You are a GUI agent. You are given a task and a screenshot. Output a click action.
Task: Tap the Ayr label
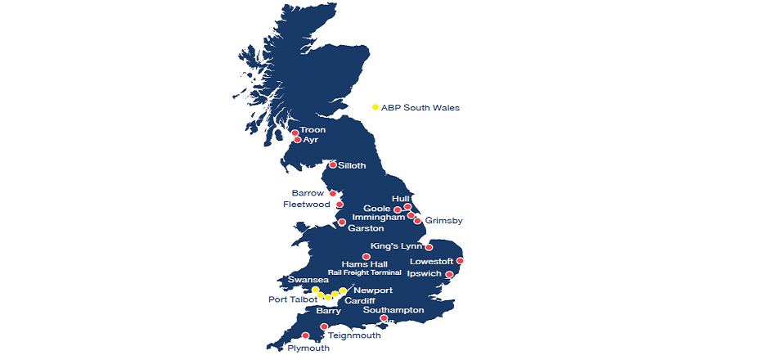(x=310, y=140)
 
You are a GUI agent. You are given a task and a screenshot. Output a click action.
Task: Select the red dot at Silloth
(x=332, y=165)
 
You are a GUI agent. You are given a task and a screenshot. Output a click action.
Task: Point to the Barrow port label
(x=308, y=193)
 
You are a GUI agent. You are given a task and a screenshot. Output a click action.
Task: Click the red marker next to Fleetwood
(x=340, y=205)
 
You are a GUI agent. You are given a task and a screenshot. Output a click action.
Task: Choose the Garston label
(x=366, y=228)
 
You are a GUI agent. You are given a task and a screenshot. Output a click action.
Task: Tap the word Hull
(x=400, y=198)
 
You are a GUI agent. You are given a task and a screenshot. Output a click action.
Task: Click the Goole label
(x=377, y=209)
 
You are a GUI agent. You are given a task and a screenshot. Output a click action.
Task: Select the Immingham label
(x=378, y=218)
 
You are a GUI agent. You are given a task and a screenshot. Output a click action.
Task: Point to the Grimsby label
(x=443, y=221)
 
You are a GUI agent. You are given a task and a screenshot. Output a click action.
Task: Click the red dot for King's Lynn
(x=429, y=247)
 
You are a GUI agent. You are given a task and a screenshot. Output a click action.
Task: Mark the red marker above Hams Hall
(x=367, y=257)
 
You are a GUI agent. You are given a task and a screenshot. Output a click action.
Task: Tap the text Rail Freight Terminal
(x=364, y=272)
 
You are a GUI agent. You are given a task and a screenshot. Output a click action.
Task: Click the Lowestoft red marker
(x=461, y=261)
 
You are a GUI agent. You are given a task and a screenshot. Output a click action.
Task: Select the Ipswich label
(x=424, y=273)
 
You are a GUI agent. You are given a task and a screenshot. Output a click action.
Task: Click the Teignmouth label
(x=353, y=335)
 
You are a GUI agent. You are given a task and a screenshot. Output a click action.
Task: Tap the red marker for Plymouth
(x=306, y=335)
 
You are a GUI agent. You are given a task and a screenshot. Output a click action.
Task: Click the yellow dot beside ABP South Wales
(x=376, y=107)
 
